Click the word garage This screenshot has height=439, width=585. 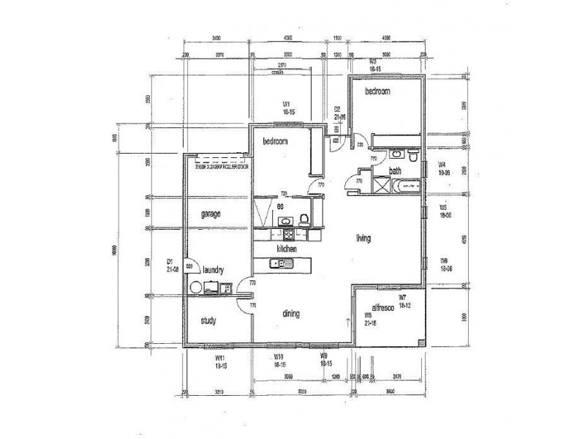211,214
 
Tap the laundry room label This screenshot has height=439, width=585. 218,269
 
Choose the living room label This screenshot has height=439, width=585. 363,238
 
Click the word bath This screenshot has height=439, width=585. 395,171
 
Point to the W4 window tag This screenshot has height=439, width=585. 442,164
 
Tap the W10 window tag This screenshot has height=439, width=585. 279,357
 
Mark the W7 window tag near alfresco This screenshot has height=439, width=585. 402,297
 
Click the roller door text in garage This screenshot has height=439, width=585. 222,168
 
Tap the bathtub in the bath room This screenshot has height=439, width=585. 407,187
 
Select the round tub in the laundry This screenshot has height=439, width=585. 195,288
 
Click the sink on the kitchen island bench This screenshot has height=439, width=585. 276,263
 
